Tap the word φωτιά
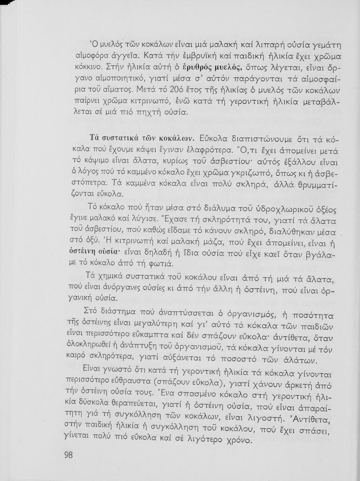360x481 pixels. pyautogui.click(x=164, y=264)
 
